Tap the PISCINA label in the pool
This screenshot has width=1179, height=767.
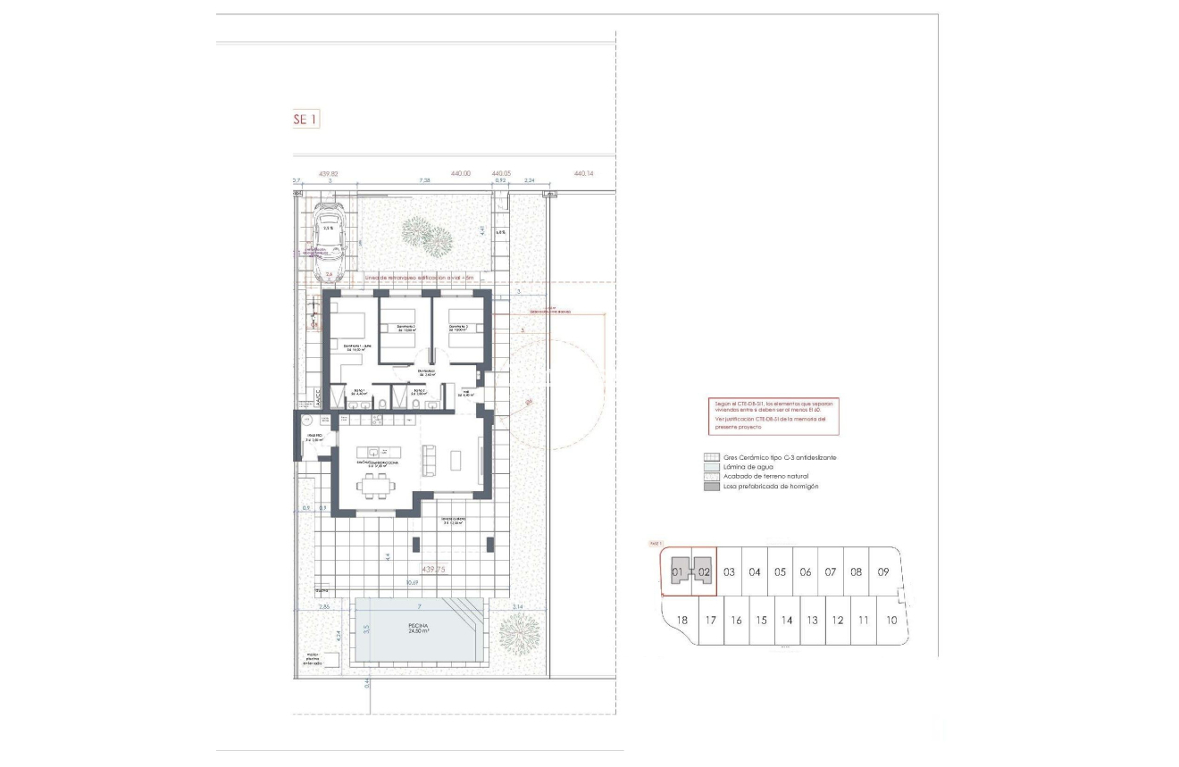point(419,625)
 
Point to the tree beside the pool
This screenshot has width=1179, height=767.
point(519,634)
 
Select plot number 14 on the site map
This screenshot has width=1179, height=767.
point(787,620)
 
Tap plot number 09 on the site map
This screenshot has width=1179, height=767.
point(882,571)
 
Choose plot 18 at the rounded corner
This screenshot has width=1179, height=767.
point(682,620)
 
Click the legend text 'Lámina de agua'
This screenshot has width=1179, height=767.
point(741,467)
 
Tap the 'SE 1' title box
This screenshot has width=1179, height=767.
point(305,119)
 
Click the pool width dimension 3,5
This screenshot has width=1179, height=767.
point(366,629)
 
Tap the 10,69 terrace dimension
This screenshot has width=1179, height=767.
point(412,583)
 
